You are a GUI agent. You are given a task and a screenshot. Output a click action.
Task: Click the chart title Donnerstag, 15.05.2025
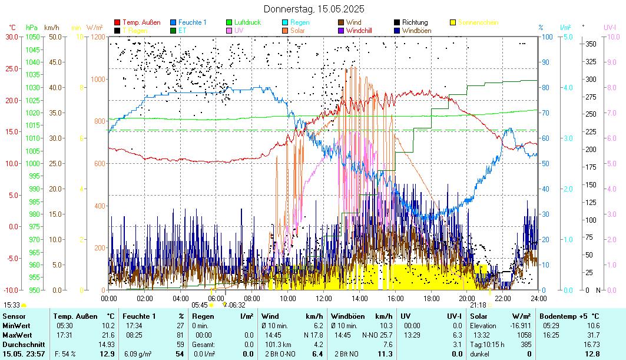[314, 9]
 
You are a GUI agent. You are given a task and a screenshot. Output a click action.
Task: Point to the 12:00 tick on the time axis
[323, 299]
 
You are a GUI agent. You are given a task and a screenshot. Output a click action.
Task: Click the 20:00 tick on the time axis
[466, 299]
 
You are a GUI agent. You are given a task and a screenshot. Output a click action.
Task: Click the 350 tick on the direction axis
[590, 44]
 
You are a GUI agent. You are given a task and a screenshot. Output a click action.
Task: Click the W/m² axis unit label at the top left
[94, 27]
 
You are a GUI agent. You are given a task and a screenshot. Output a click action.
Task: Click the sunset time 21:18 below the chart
[478, 305]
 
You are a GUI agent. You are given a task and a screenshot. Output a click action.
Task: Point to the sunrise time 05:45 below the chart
[200, 305]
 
